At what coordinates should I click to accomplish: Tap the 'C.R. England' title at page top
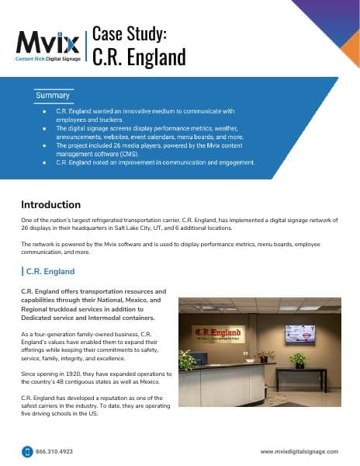click(x=139, y=57)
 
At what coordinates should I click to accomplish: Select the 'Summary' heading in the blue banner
click(x=53, y=96)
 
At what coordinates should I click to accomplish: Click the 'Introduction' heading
click(x=50, y=205)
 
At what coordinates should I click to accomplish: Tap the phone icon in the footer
click(x=26, y=451)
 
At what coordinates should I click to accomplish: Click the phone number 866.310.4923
click(x=54, y=451)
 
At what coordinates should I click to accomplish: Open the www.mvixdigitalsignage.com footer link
click(x=299, y=451)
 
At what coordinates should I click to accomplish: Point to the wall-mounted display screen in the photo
click(x=299, y=334)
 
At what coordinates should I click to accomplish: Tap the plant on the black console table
click(x=298, y=358)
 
